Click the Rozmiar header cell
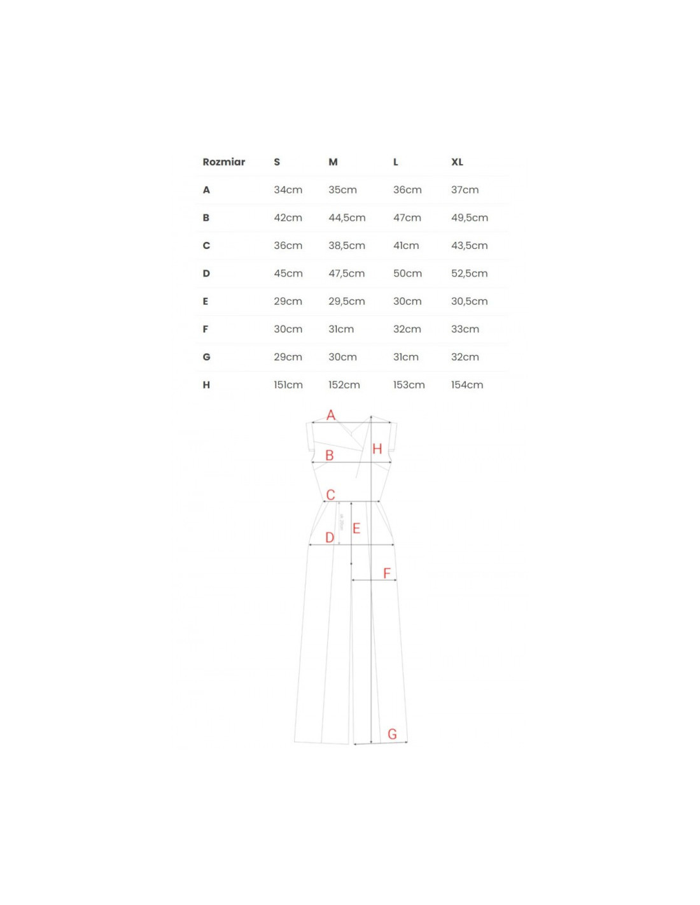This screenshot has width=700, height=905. click(x=223, y=162)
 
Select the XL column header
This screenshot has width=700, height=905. click(x=457, y=162)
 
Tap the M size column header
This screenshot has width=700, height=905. click(x=333, y=162)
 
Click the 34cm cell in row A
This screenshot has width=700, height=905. click(x=288, y=190)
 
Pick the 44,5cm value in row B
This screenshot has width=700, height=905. click(x=346, y=218)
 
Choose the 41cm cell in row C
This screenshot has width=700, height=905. click(x=405, y=245)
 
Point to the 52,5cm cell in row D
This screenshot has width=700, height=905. click(x=469, y=273)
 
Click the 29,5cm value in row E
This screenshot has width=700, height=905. click(x=346, y=301)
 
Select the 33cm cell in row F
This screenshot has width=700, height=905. click(x=465, y=329)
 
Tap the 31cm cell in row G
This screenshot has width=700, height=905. click(x=405, y=357)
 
